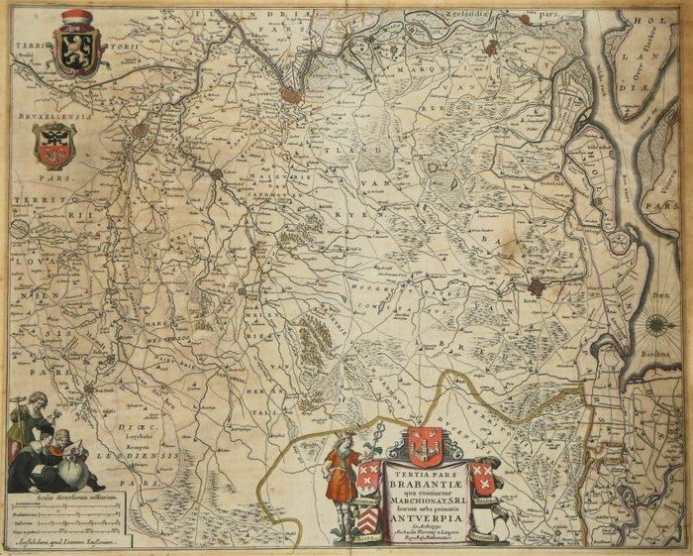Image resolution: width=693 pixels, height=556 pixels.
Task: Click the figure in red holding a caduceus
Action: pyautogui.click(x=340, y=467)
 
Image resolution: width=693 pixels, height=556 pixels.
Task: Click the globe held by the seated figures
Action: pyautogui.click(x=69, y=459)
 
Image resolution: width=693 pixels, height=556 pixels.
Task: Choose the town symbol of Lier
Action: pyautogui.click(x=217, y=175)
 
